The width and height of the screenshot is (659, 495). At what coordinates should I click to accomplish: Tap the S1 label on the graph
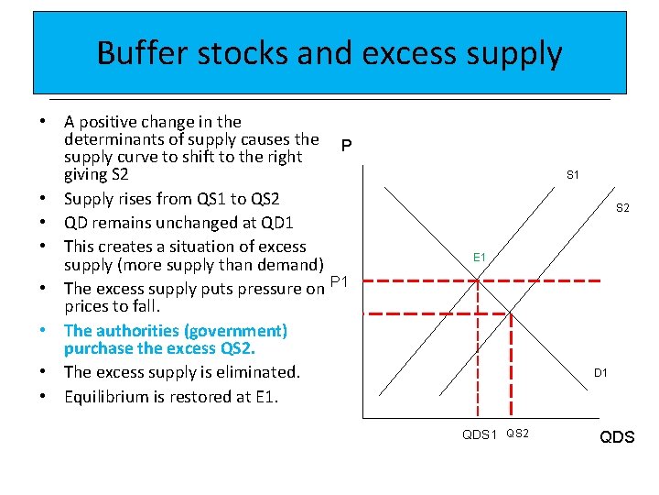coord(573,174)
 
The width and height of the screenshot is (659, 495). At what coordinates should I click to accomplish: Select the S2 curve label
coord(622,209)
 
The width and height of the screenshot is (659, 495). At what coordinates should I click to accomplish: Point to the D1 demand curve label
coord(600,373)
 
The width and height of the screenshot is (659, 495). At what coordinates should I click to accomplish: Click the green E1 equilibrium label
coord(480,258)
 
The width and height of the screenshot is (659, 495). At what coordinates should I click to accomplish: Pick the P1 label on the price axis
coord(339,282)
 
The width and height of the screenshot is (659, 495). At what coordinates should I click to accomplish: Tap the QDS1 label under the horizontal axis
coord(480,434)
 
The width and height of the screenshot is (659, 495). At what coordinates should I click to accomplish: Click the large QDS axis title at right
coord(617,437)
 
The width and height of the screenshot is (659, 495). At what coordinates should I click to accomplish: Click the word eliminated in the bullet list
coord(259,372)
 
